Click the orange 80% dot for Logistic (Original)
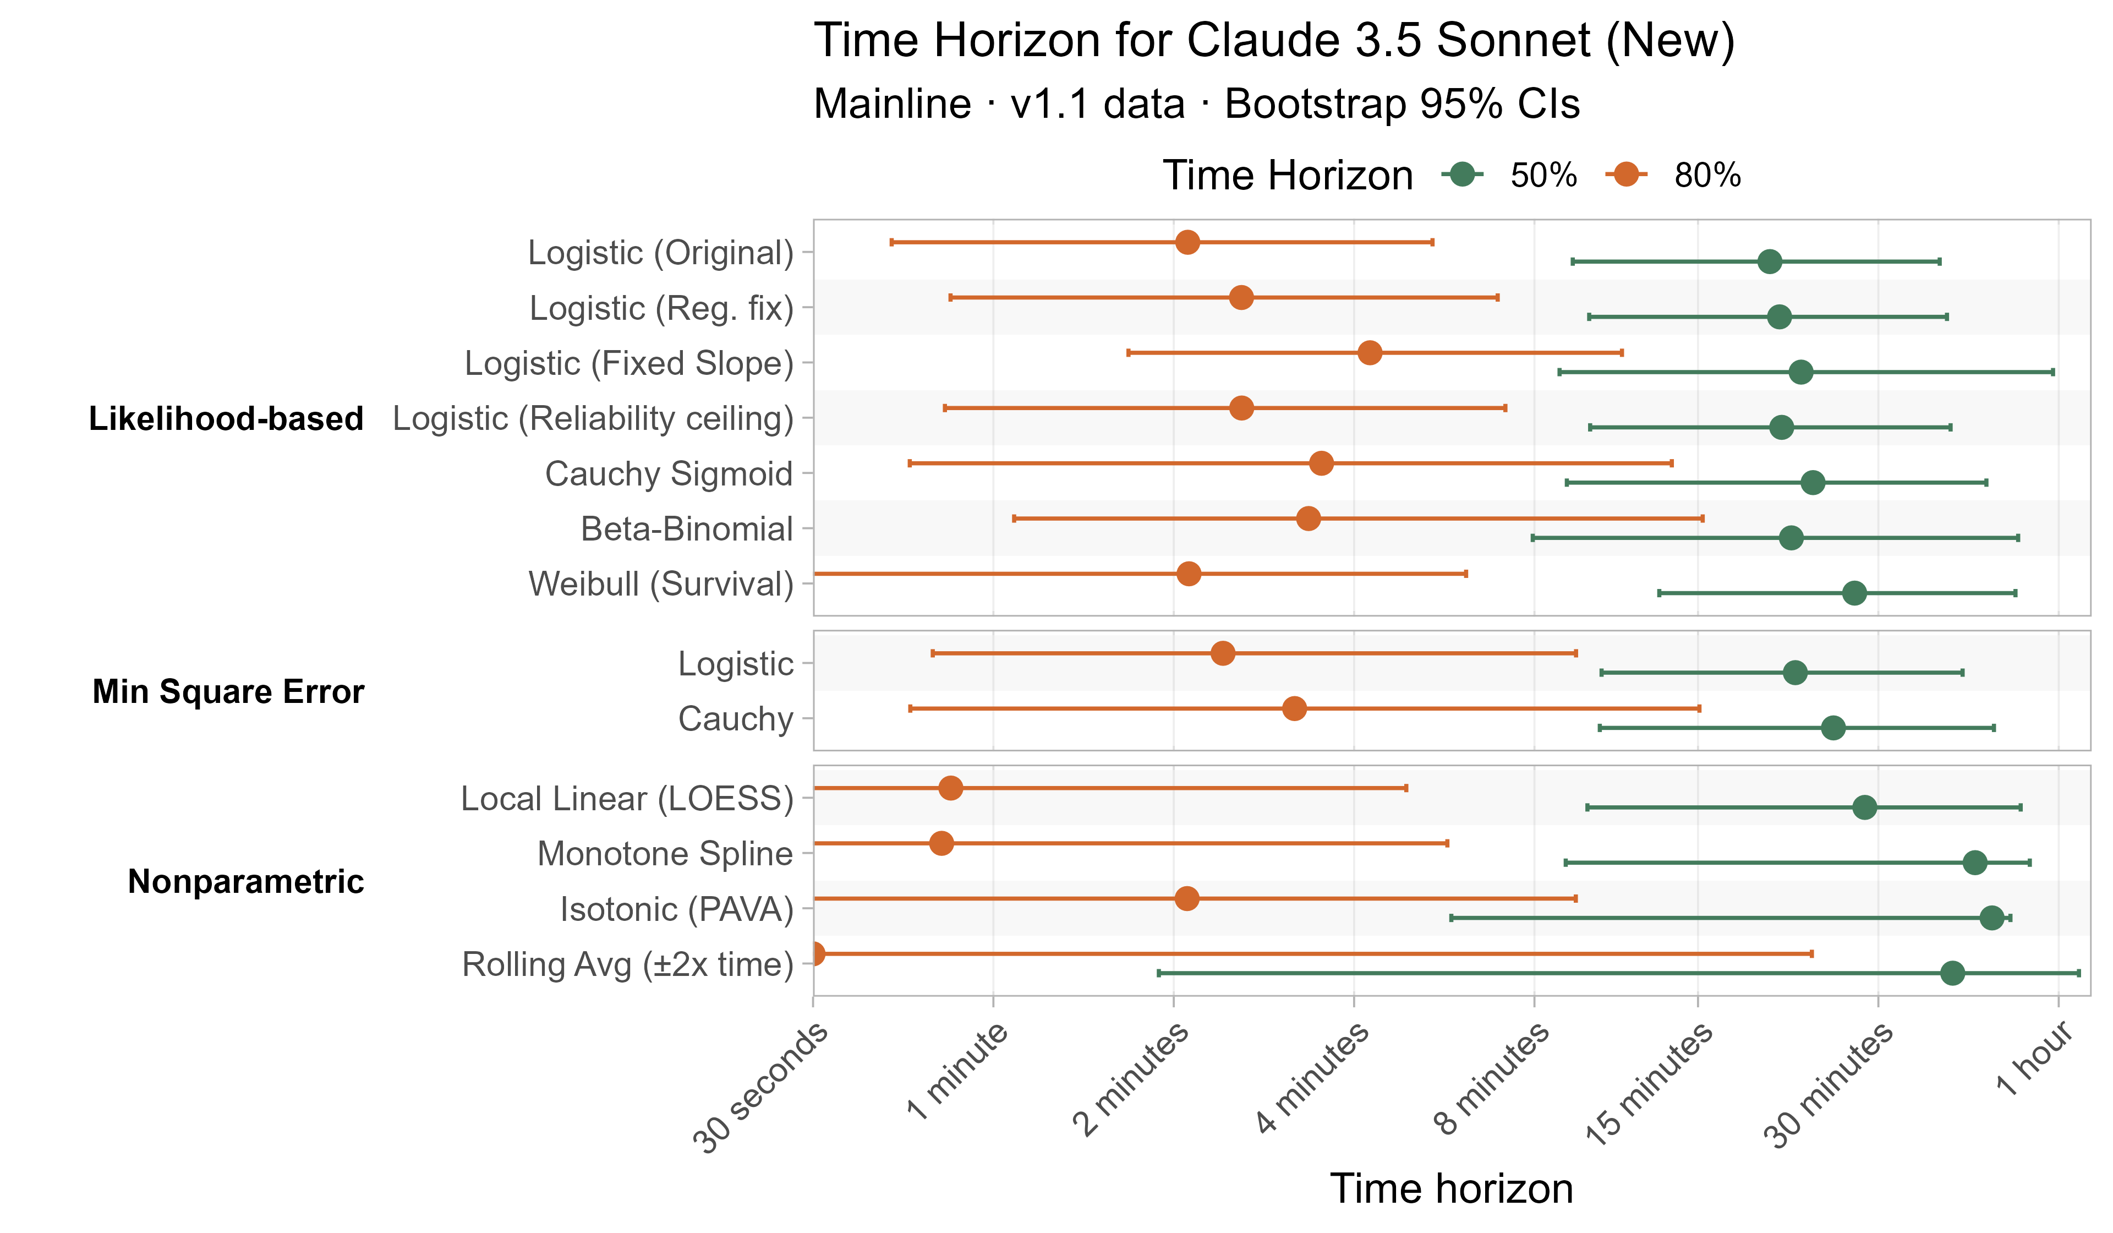click(x=1187, y=242)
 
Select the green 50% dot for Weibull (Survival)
click(x=1855, y=593)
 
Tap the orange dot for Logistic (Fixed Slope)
click(x=1369, y=352)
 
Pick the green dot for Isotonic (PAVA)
click(x=1991, y=918)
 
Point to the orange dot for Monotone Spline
click(x=941, y=843)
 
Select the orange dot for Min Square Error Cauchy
click(x=1295, y=709)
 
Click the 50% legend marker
click(x=1463, y=174)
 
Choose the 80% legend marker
click(x=1627, y=174)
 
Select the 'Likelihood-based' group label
click(x=226, y=418)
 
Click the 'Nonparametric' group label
click(x=245, y=882)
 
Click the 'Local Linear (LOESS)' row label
click(x=627, y=799)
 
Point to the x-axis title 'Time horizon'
click(x=1452, y=1188)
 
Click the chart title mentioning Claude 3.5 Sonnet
click(x=1274, y=40)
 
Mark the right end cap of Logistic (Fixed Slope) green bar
click(x=2052, y=372)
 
